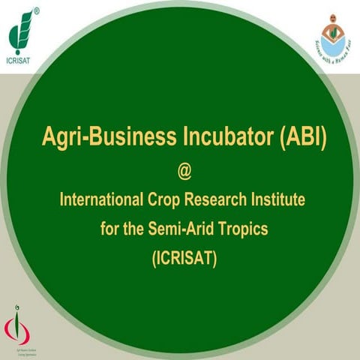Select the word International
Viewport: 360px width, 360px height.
pyautogui.click(x=102, y=200)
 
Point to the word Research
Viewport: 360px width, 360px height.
pyautogui.click(x=226, y=200)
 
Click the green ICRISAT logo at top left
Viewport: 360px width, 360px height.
pyautogui.click(x=23, y=26)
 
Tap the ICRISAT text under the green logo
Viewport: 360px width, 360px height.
pyautogui.click(x=23, y=53)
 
